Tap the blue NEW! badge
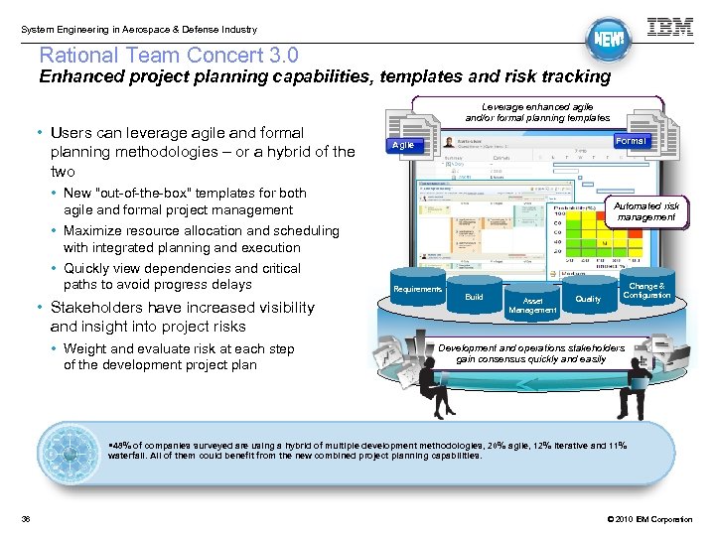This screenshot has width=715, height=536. [x=607, y=40]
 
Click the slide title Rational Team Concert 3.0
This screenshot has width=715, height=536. [x=168, y=56]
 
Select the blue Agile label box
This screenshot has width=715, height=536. [x=404, y=145]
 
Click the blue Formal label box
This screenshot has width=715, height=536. [x=630, y=141]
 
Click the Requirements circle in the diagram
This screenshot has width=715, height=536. [x=418, y=289]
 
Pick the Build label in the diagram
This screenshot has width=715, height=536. [x=475, y=297]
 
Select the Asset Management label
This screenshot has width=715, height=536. [x=533, y=306]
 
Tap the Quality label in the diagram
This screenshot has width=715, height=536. [x=588, y=299]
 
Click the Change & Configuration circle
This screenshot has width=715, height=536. [x=646, y=291]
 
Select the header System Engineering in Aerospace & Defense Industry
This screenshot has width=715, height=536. [x=138, y=30]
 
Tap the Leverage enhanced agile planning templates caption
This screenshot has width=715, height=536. [x=537, y=111]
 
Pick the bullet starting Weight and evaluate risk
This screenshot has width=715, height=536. [x=179, y=356]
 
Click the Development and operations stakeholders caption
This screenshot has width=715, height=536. [x=531, y=353]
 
